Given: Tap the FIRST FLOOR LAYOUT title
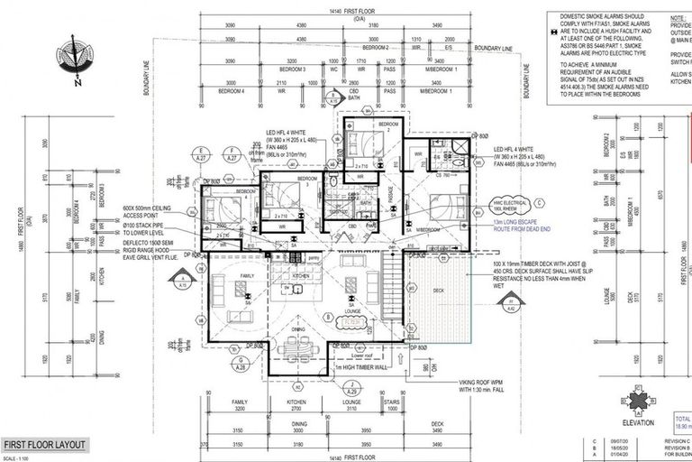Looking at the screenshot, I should tap(45, 445).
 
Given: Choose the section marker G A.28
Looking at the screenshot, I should tap(241, 365).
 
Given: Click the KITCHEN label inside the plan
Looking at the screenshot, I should tap(301, 275).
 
